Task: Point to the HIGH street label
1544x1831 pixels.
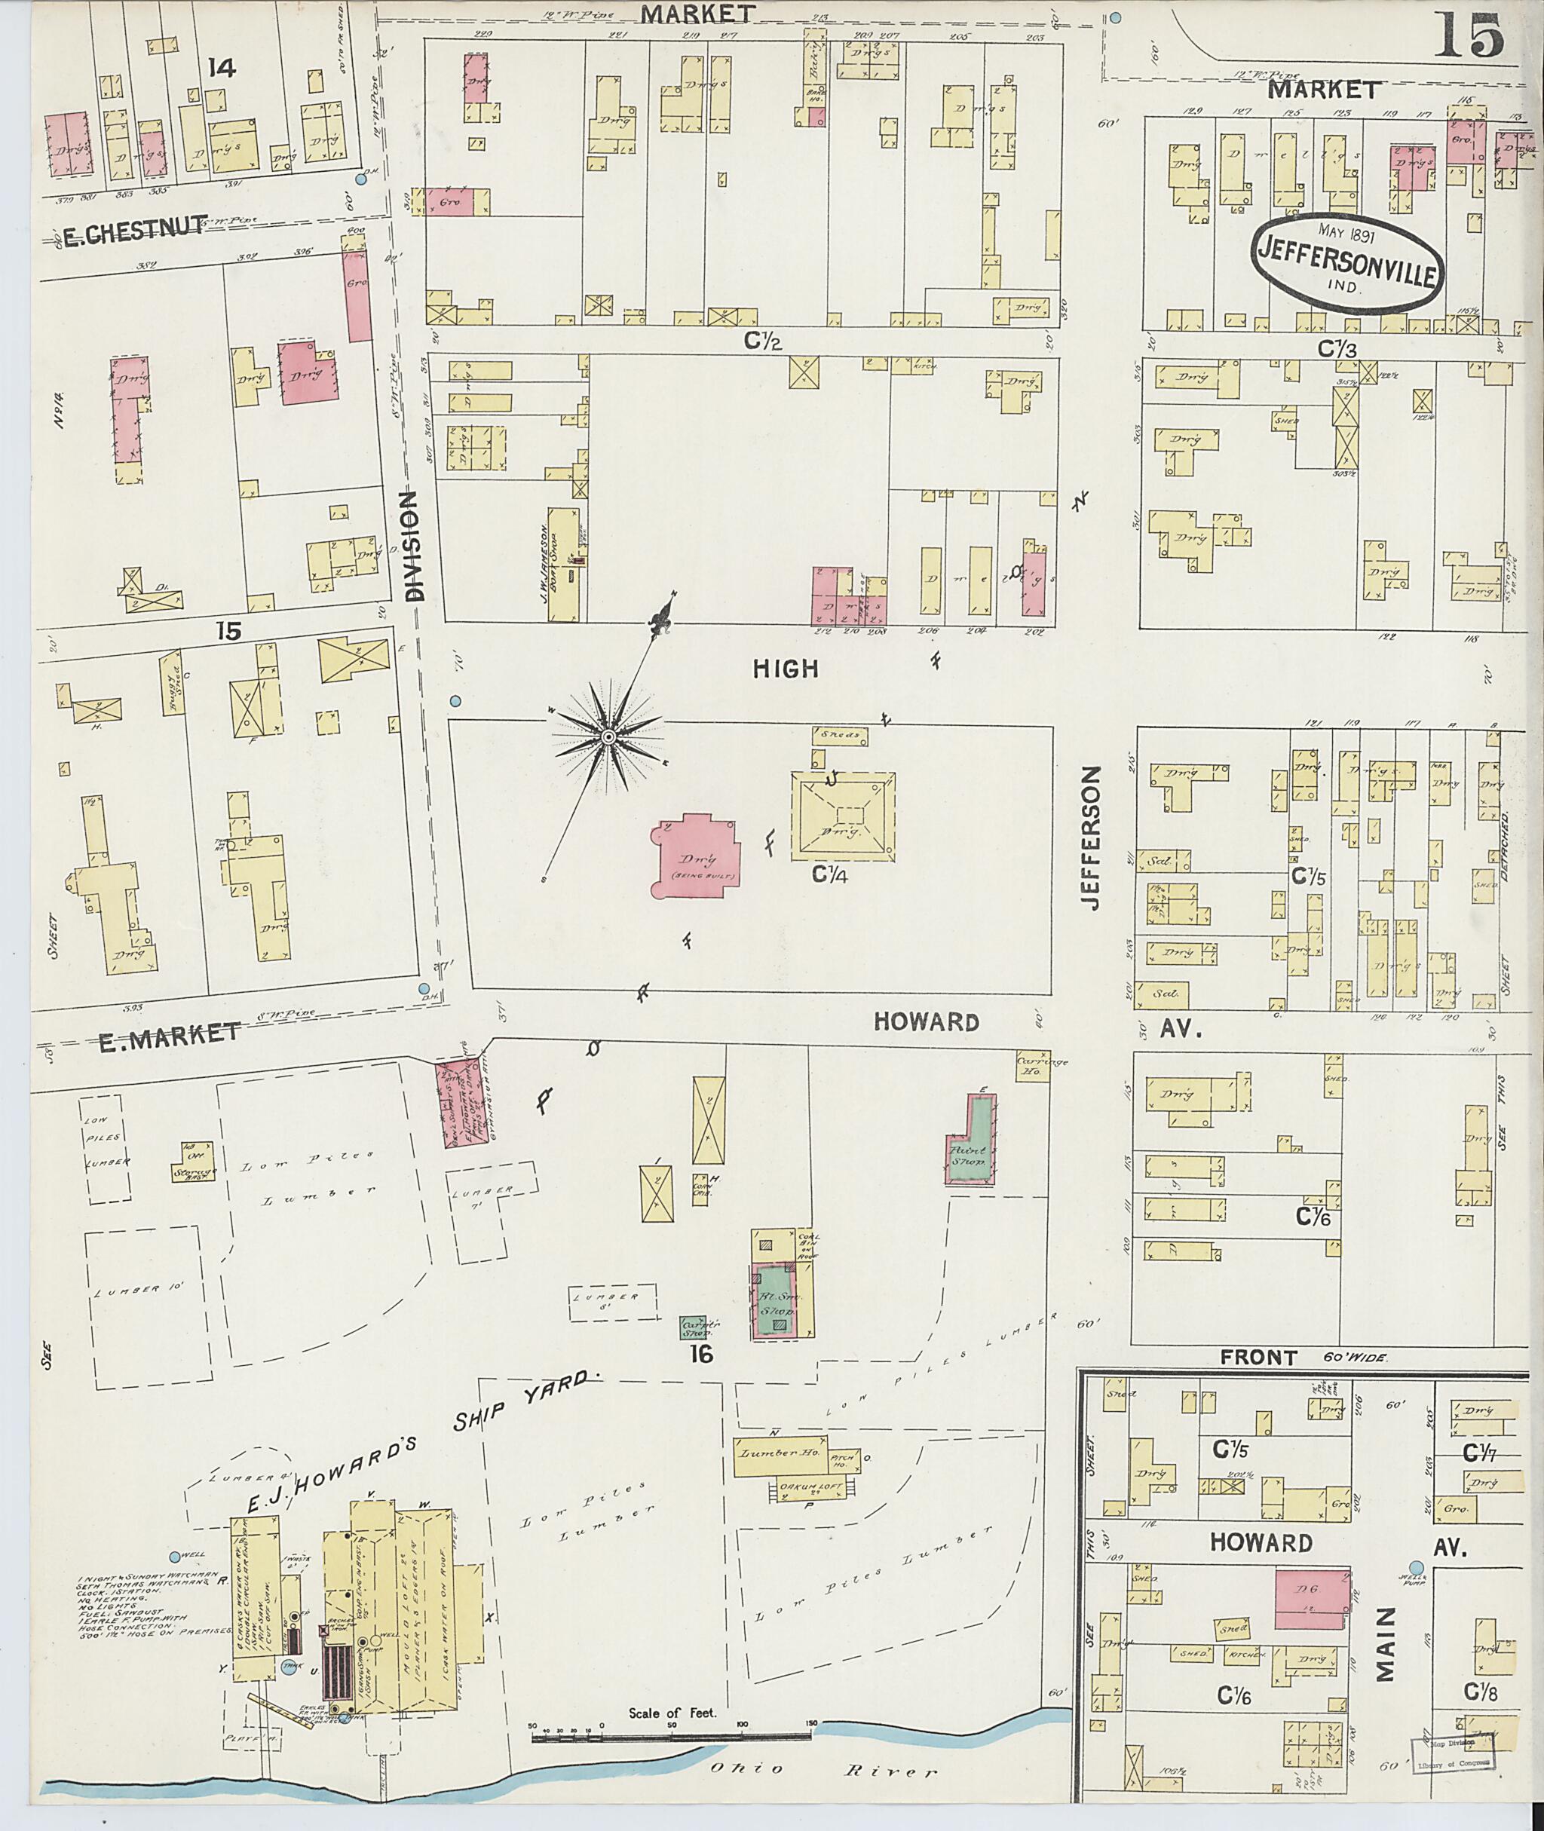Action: click(785, 669)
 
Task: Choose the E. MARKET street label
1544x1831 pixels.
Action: click(170, 1033)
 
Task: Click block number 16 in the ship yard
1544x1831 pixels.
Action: click(700, 1355)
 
